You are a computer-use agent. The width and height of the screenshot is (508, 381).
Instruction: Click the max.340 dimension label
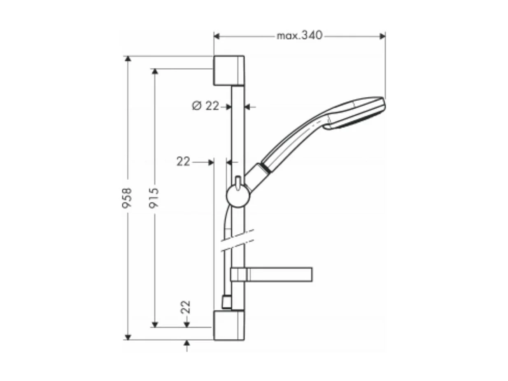pos(299,36)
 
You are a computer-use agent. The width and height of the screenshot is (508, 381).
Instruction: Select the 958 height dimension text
pos(127,197)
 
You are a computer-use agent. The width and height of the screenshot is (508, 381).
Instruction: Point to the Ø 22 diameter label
pos(205,106)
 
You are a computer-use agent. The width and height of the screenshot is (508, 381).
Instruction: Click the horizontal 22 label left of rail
pos(183,162)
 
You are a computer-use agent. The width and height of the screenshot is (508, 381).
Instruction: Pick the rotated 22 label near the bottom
pos(186,307)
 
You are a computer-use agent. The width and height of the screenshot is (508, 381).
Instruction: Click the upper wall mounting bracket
pos(228,70)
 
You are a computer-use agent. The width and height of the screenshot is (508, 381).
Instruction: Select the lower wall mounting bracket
pos(228,325)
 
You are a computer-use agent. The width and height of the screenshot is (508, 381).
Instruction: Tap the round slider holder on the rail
pos(238,195)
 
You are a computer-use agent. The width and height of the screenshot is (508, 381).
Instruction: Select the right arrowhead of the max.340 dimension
pos(382,36)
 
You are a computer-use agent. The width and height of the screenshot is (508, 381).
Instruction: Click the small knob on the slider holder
pos(238,181)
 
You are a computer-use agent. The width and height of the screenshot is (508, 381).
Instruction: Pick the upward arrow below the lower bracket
pos(186,343)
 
